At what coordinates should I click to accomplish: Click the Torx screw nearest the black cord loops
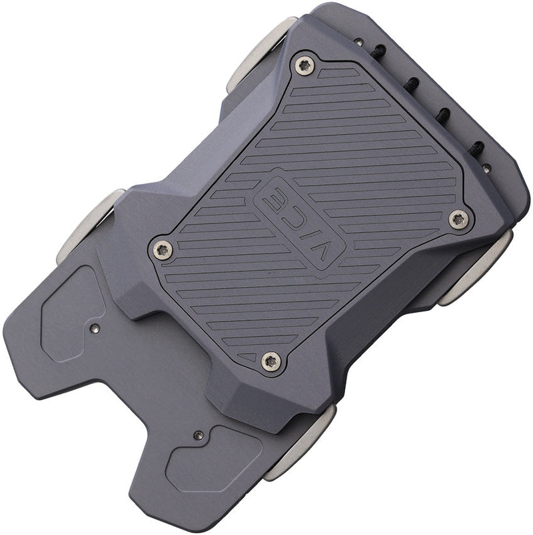point(305,65)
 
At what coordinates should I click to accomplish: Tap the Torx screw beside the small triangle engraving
point(270,361)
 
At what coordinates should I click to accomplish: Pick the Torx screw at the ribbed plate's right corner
point(458,219)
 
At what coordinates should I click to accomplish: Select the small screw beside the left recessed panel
point(95,328)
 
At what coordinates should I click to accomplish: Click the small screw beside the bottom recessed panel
point(197,435)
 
